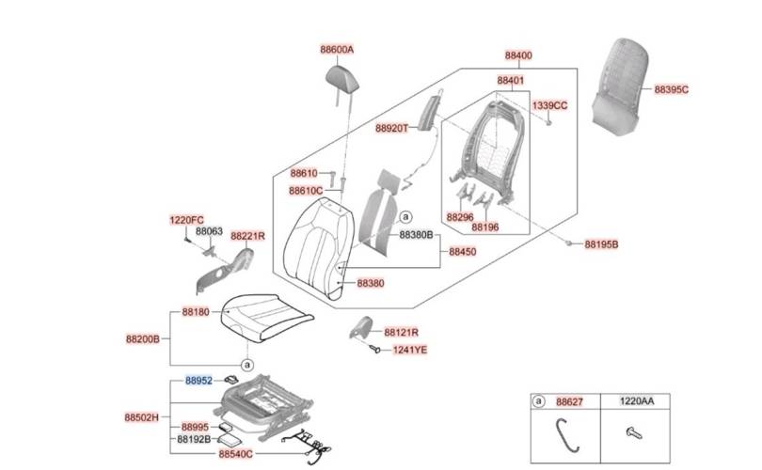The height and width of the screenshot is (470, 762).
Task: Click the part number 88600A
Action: point(342,49)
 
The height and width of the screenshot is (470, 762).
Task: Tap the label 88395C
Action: point(672,89)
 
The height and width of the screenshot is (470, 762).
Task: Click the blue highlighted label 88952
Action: point(198,381)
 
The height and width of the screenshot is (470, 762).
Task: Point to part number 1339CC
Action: point(549,105)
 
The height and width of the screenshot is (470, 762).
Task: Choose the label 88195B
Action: point(601,243)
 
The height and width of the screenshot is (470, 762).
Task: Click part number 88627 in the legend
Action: point(569,401)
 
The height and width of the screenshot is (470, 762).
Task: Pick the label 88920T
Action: point(391,128)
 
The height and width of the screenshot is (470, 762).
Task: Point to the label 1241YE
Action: point(409,349)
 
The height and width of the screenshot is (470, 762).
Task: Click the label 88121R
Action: point(401,333)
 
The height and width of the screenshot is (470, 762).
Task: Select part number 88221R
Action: point(247,236)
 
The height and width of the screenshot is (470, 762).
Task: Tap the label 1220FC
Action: point(186,220)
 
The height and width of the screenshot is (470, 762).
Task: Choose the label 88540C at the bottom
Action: point(235,454)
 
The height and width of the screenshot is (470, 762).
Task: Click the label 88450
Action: point(462,252)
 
